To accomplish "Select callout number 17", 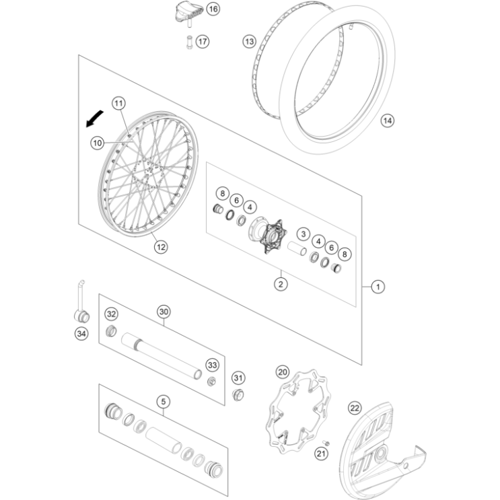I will click(x=203, y=41).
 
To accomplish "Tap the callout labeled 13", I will click(x=250, y=42).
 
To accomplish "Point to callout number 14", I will click(x=386, y=121).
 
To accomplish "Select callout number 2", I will click(x=281, y=283).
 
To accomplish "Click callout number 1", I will click(x=378, y=287).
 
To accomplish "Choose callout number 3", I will click(x=303, y=234).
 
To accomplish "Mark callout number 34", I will click(x=81, y=332).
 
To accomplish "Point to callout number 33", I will click(x=213, y=365).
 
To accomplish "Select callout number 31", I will click(x=238, y=377).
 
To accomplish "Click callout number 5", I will click(x=163, y=402).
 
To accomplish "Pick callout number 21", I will click(x=321, y=456).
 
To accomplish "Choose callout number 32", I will click(x=111, y=314).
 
